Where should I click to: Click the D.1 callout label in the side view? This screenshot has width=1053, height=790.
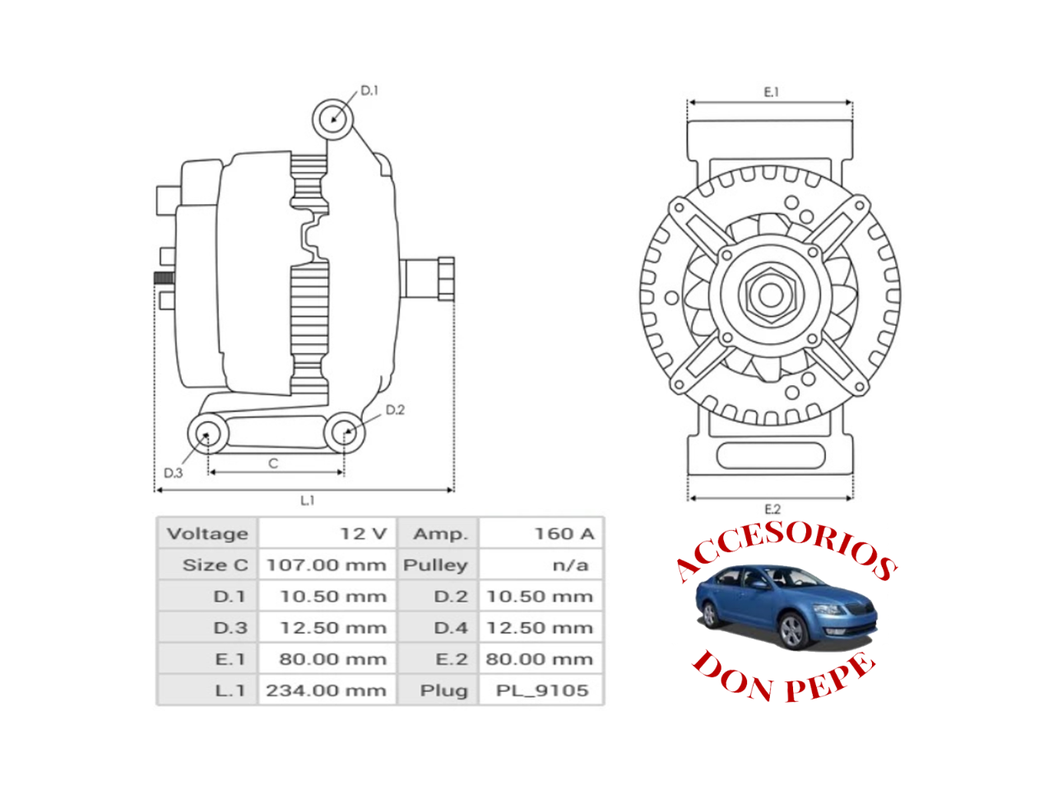pyautogui.click(x=369, y=91)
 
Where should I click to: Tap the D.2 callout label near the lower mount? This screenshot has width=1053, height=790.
pyautogui.click(x=395, y=410)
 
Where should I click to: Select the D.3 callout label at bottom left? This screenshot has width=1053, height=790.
pyautogui.click(x=173, y=473)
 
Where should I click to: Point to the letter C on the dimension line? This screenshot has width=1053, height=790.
pyautogui.click(x=273, y=464)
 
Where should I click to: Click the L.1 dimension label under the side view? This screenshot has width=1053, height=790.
pyautogui.click(x=307, y=500)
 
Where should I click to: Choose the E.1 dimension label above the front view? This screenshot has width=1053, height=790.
pyautogui.click(x=771, y=92)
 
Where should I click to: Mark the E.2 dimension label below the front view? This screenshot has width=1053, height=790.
pyautogui.click(x=772, y=509)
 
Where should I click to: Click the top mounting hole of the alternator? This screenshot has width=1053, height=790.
pyautogui.click(x=333, y=116)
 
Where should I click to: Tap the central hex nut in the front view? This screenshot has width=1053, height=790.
pyautogui.click(x=770, y=295)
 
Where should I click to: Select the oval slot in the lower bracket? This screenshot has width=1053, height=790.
pyautogui.click(x=771, y=455)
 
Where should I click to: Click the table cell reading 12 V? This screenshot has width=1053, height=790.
pyautogui.click(x=363, y=534)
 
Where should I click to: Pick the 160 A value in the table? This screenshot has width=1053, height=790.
pyautogui.click(x=564, y=534)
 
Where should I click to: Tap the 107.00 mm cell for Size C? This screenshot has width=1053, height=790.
pyautogui.click(x=327, y=565)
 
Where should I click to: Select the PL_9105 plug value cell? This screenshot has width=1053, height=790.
pyautogui.click(x=542, y=690)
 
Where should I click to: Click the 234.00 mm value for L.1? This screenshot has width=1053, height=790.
pyautogui.click(x=327, y=690)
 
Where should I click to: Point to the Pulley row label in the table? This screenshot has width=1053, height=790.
pyautogui.click(x=435, y=565)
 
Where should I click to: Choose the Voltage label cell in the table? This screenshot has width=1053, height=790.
pyautogui.click(x=207, y=534)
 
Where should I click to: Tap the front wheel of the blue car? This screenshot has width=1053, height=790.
pyautogui.click(x=792, y=632)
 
